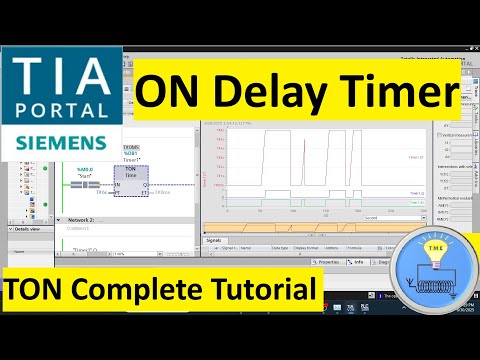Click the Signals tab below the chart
214,240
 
